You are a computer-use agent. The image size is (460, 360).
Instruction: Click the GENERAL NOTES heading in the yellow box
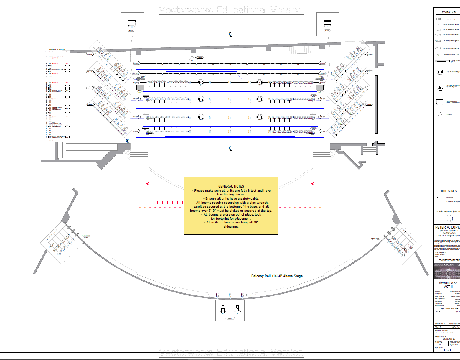231,186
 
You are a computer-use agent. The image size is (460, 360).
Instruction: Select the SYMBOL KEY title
449,12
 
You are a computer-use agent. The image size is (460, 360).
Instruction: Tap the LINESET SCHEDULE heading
57,50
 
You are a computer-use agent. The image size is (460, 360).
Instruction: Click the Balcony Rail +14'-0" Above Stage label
277,276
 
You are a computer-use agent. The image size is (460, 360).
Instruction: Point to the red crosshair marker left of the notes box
148,183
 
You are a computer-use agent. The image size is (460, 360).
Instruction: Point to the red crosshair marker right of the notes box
313,183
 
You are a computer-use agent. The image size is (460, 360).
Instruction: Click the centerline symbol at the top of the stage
230,34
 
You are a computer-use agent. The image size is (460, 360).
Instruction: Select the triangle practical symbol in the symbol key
440,115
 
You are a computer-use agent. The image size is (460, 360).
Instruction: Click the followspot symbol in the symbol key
440,87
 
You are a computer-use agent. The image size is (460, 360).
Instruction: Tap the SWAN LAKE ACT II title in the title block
448,285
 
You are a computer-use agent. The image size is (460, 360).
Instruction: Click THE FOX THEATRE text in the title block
449,260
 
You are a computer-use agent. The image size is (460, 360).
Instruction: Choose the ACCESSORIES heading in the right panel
449,191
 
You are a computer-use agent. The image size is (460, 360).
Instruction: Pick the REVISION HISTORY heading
450,308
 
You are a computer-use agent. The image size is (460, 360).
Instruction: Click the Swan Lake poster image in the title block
447,271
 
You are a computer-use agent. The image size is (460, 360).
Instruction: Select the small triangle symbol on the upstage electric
192,57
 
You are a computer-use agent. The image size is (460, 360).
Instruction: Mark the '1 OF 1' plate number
447,350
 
